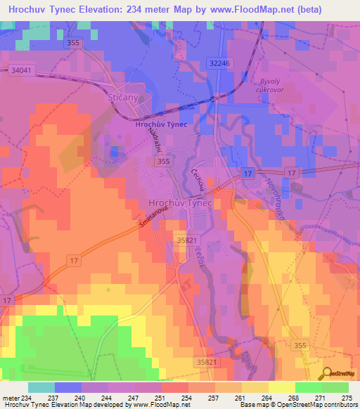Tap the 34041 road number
pyautogui.click(x=22, y=70)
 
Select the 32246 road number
pyautogui.click(x=219, y=63)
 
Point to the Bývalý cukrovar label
pyautogui.click(x=270, y=85)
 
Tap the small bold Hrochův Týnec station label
pyautogui.click(x=159, y=124)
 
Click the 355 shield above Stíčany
pyautogui.click(x=72, y=43)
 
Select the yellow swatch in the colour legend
pyautogui.click(x=281, y=387)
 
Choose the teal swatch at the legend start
pyautogui.click(x=41, y=387)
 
